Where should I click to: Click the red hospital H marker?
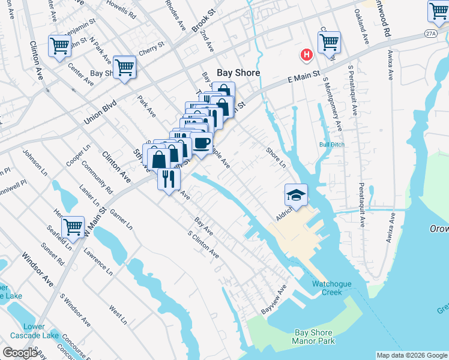click(x=307, y=55)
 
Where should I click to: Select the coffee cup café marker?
click(x=202, y=143)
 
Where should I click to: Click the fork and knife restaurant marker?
click(x=169, y=178)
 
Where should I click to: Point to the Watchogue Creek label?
click(x=327, y=288)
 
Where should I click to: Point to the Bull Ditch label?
click(x=332, y=145)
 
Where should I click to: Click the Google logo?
click(x=20, y=353)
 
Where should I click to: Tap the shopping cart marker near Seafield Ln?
click(x=73, y=227)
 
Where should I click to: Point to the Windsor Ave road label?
click(x=38, y=270)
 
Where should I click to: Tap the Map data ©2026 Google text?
click(x=411, y=355)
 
